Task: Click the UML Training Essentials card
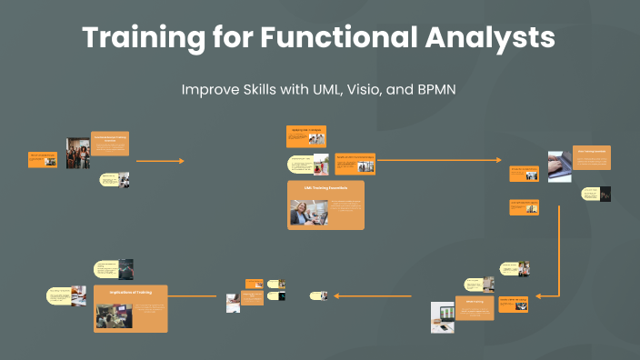coord(326,205)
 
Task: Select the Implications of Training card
coord(131,307)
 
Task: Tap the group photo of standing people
coord(77,154)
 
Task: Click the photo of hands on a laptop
coord(560,166)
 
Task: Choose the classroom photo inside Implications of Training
coord(115,315)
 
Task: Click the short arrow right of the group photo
coord(160,161)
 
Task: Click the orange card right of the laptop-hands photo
coord(592,157)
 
